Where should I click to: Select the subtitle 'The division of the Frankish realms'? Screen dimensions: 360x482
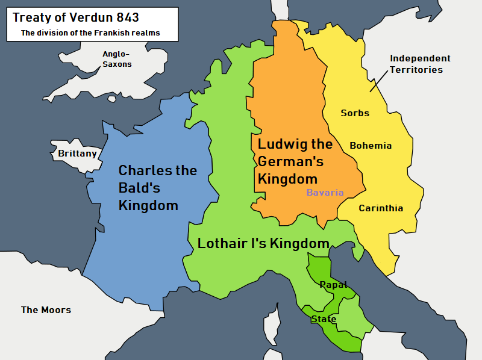tap(90, 33)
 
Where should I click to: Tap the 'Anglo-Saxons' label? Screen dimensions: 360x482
tap(117, 59)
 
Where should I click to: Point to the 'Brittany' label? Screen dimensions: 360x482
tap(77, 154)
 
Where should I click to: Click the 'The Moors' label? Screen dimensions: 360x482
tap(46, 310)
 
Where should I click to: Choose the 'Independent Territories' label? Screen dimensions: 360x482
tap(419, 64)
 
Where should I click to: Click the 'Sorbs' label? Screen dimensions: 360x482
tap(355, 113)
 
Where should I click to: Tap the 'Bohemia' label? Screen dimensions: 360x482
tap(371, 146)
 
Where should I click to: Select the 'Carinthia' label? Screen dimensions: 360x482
tap(381, 208)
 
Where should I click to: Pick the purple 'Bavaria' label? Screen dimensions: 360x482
tap(325, 193)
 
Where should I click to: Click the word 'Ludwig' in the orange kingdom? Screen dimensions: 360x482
tap(279, 144)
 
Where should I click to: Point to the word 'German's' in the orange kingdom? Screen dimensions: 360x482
tap(290, 161)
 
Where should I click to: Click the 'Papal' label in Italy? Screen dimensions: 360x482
tap(333, 285)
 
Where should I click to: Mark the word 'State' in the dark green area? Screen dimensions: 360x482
tap(324, 319)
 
